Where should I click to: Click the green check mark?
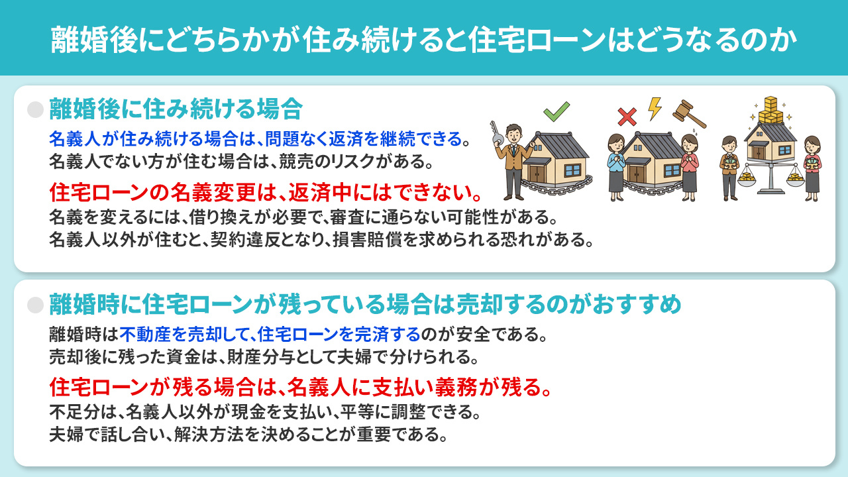[556, 112]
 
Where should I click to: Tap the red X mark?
[626, 117]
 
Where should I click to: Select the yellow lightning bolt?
[655, 109]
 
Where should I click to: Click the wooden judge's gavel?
[688, 114]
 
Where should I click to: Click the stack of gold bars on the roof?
[770, 111]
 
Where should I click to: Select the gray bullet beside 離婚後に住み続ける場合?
[36, 109]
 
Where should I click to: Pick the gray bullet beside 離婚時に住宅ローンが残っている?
[36, 305]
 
